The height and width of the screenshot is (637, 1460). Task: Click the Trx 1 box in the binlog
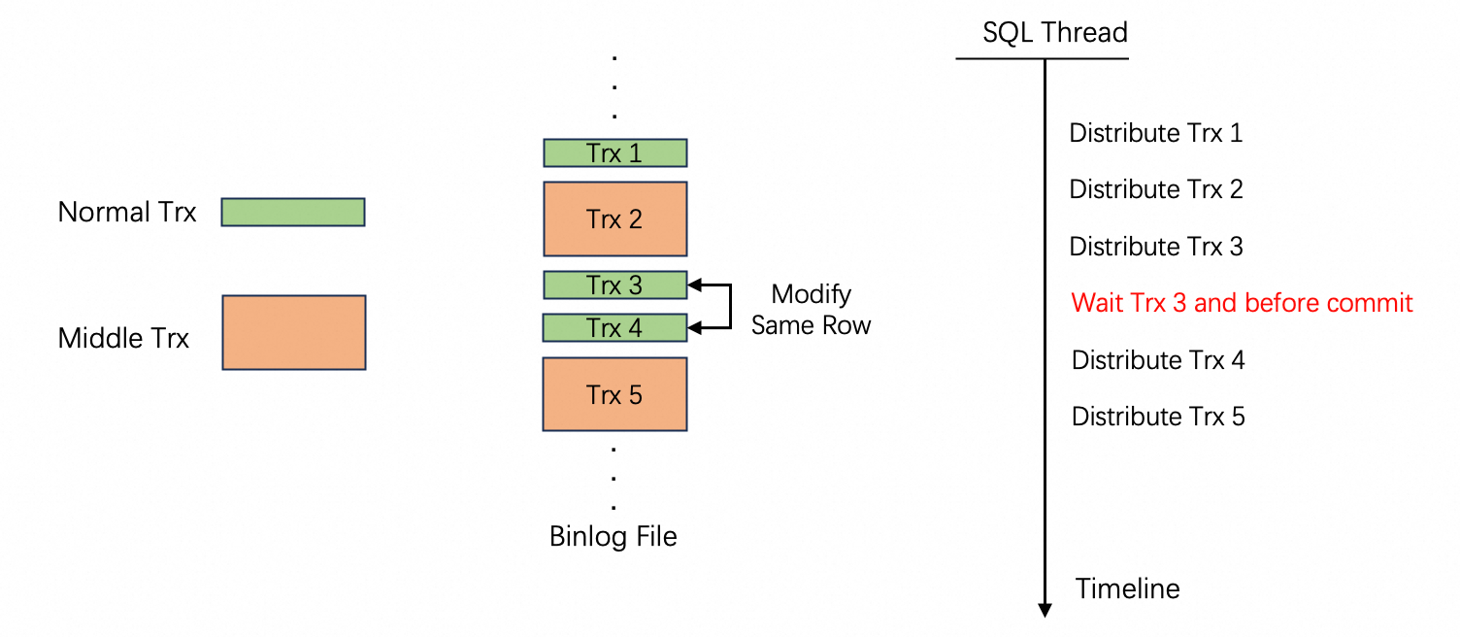[614, 153]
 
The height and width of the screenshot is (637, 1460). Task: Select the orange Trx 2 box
[614, 218]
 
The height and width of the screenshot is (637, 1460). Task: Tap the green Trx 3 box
[614, 285]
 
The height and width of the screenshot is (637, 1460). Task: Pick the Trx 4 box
[614, 328]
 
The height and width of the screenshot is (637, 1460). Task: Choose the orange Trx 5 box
[614, 394]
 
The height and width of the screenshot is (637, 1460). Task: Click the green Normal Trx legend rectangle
[293, 212]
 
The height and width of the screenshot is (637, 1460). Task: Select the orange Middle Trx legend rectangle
[294, 333]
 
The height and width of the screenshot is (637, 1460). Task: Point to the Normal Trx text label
[127, 212]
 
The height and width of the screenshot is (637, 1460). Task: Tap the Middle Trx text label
[124, 338]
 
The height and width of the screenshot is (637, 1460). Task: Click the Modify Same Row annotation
[812, 309]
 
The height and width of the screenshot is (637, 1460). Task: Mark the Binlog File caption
[614, 536]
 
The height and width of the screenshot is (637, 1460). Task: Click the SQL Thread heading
[1055, 33]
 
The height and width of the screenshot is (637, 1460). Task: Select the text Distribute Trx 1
[1156, 132]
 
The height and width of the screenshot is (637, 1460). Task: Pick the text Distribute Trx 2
[1156, 189]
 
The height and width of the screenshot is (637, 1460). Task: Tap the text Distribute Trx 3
[1156, 247]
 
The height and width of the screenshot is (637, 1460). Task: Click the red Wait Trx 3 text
[1242, 303]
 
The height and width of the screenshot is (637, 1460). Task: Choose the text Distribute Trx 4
[1158, 360]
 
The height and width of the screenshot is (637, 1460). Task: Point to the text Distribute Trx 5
[1158, 417]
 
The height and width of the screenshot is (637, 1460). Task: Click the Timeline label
[1128, 588]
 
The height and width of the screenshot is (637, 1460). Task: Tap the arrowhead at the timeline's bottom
[1045, 610]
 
